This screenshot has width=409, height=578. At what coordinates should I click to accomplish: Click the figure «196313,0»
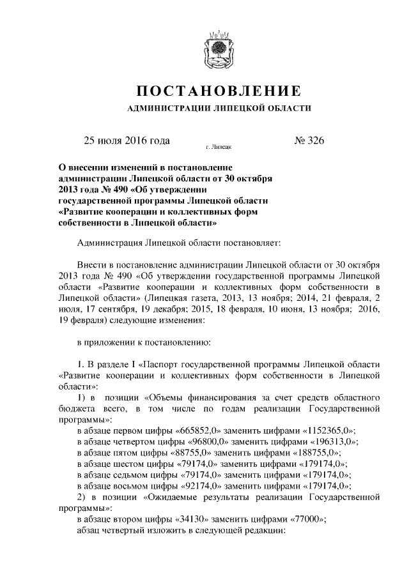tap(330, 442)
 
